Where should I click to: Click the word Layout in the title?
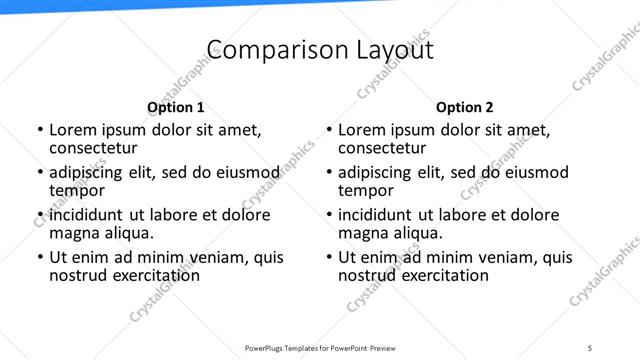pyautogui.click(x=391, y=51)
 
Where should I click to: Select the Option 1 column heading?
pyautogui.click(x=176, y=107)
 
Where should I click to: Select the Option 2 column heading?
pyautogui.click(x=465, y=107)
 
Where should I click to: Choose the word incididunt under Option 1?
pyautogui.click(x=87, y=215)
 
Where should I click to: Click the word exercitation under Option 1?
pyautogui.click(x=153, y=274)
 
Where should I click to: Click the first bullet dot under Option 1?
pyautogui.click(x=39, y=130)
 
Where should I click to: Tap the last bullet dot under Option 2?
pyautogui.click(x=328, y=257)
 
